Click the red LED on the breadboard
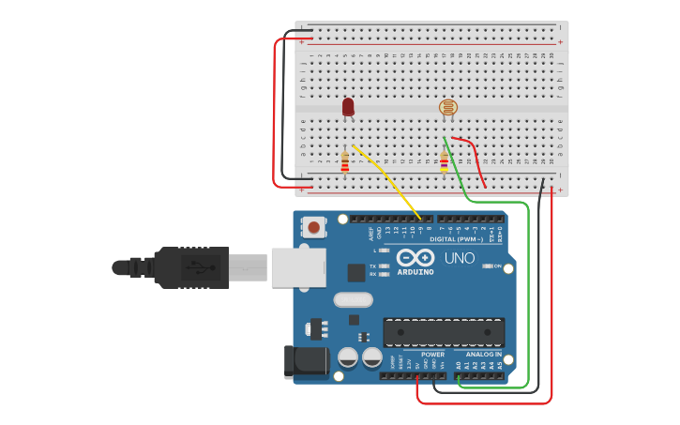click(348, 107)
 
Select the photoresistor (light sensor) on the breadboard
click(448, 109)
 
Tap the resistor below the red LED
click(345, 162)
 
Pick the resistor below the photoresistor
click(444, 162)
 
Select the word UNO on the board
click(459, 258)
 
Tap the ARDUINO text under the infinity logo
click(416, 272)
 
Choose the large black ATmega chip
click(444, 332)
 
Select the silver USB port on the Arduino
click(298, 266)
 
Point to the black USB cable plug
click(188, 267)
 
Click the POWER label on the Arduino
click(432, 355)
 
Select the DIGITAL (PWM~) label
click(456, 239)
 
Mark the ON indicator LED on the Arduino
click(488, 266)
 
